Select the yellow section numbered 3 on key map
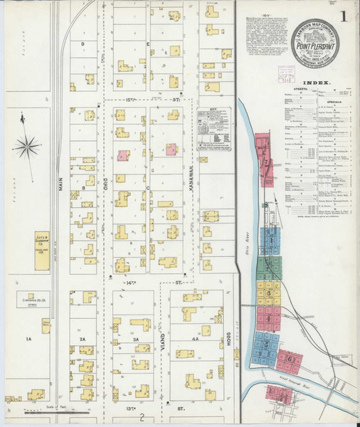[269, 293]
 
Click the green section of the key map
[270, 268]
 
